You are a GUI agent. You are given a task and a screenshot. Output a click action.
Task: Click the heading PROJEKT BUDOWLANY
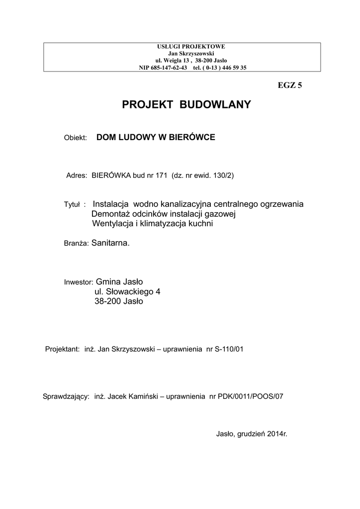click(x=187, y=105)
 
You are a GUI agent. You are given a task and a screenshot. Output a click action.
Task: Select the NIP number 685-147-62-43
click(x=163, y=68)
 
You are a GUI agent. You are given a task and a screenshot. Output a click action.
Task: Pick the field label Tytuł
click(x=73, y=205)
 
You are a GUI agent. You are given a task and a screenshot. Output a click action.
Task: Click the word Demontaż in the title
click(x=110, y=214)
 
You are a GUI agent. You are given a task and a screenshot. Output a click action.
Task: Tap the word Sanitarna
click(x=110, y=244)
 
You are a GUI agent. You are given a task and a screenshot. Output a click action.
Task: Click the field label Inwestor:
click(x=79, y=282)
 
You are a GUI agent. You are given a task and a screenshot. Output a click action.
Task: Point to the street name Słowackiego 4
click(x=133, y=291)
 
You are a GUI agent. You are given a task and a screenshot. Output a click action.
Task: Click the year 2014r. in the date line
click(x=277, y=433)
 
